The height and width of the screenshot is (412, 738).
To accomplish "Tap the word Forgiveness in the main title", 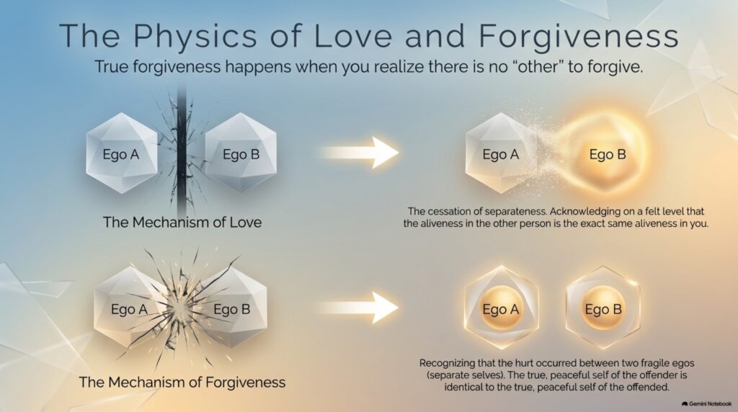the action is click(x=579, y=36).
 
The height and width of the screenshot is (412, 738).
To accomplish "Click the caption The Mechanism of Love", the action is click(x=182, y=222).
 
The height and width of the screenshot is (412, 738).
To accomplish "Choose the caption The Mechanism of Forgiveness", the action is click(x=182, y=382).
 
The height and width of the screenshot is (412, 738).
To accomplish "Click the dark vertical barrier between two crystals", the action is click(x=181, y=153).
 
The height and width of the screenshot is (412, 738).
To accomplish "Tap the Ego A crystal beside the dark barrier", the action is click(x=121, y=153).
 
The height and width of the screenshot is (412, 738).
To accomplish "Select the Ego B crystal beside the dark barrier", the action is click(x=241, y=153).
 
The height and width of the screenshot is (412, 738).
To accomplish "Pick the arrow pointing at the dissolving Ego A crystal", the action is click(x=360, y=153).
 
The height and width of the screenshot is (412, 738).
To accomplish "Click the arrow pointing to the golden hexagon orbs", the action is click(x=360, y=308).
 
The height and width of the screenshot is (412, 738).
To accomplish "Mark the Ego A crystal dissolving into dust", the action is click(x=500, y=153).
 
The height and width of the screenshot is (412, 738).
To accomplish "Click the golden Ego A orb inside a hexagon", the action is click(x=501, y=308).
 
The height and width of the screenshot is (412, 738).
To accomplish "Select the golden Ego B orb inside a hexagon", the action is click(x=603, y=308).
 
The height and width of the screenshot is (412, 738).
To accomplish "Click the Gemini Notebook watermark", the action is click(x=706, y=403).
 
